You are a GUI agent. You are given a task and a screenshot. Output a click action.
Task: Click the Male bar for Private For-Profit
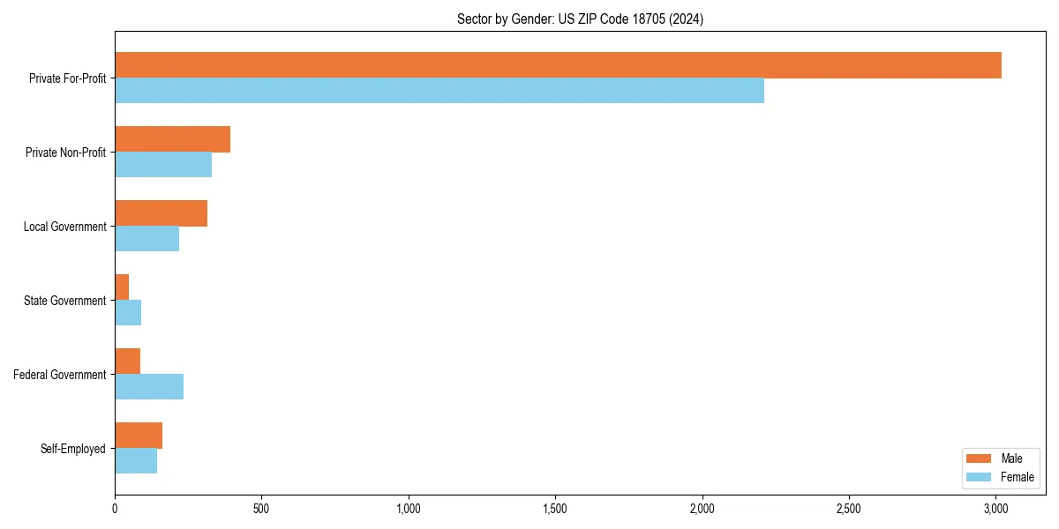tap(558, 65)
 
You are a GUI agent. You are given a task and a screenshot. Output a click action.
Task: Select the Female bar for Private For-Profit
tap(439, 91)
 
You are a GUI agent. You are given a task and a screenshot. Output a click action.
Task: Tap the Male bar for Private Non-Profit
tap(172, 139)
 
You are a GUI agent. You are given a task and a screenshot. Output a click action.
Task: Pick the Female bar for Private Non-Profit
tap(163, 165)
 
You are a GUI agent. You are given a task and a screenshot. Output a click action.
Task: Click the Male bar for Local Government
tap(161, 213)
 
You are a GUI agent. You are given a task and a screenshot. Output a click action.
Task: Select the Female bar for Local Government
tap(146, 239)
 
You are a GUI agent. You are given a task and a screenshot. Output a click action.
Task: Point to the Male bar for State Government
tap(122, 287)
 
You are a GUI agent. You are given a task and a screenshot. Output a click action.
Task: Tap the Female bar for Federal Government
tap(149, 387)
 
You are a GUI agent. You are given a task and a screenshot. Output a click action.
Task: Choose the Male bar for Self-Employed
tap(139, 436)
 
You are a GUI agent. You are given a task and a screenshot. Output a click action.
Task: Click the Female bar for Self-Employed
tap(136, 461)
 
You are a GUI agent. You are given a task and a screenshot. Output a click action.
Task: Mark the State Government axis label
tap(64, 301)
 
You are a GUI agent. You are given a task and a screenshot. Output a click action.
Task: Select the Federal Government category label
tap(60, 375)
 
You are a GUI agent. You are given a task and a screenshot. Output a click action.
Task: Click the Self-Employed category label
tap(73, 449)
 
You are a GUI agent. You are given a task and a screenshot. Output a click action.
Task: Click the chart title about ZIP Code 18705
tap(580, 19)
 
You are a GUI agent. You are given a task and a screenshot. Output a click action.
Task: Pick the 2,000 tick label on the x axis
tap(702, 509)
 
